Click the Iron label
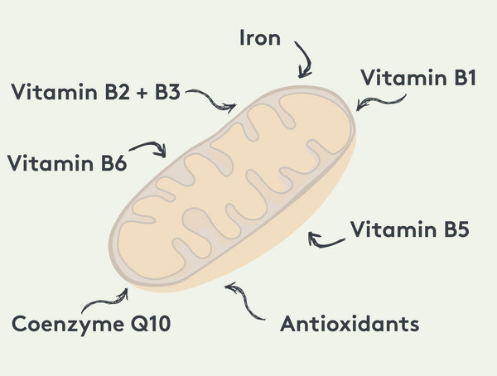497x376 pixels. pyautogui.click(x=260, y=38)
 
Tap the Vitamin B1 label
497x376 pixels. pyautogui.click(x=418, y=78)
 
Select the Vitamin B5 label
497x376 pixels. pyautogui.click(x=409, y=229)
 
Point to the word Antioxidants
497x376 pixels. pyautogui.click(x=350, y=323)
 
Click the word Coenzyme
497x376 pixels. pyautogui.click(x=68, y=325)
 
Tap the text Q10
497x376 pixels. pyautogui.click(x=151, y=324)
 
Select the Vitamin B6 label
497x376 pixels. pyautogui.click(x=67, y=163)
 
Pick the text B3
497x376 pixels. pyautogui.click(x=167, y=92)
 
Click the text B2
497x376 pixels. pyautogui.click(x=117, y=92)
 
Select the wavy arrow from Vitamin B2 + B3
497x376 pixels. pyautogui.click(x=211, y=99)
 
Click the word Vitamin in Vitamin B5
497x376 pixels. pyautogui.click(x=393, y=229)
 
